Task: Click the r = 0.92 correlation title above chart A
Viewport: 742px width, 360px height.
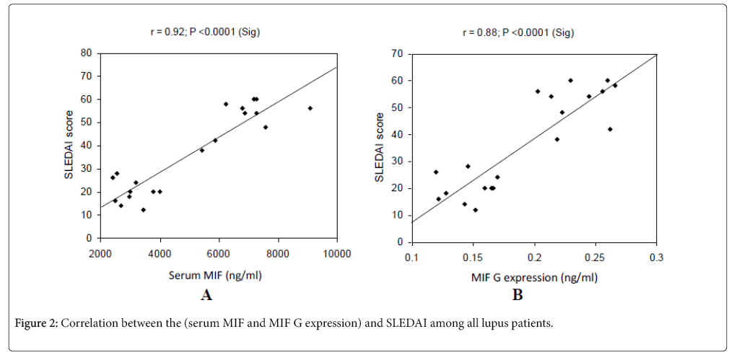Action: point(219,32)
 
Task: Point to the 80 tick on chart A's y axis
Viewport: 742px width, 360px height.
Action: point(85,53)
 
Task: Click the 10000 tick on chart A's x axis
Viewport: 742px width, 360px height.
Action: point(337,253)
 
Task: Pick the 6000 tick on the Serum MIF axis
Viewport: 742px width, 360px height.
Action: point(219,253)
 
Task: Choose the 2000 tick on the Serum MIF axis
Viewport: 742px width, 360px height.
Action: point(100,253)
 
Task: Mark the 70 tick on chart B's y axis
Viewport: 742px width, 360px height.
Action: point(397,54)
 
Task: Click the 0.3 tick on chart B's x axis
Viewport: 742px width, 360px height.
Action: point(656,258)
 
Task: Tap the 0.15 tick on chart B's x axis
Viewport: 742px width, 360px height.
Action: point(472,258)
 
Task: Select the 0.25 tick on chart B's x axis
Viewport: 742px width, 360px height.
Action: point(595,258)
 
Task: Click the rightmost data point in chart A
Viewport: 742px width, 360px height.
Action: point(310,108)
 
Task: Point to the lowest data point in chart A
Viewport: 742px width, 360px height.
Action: point(143,210)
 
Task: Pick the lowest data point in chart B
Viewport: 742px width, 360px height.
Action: point(475,210)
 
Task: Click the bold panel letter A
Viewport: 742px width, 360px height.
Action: point(206,294)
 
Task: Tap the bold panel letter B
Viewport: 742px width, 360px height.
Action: point(518,294)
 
